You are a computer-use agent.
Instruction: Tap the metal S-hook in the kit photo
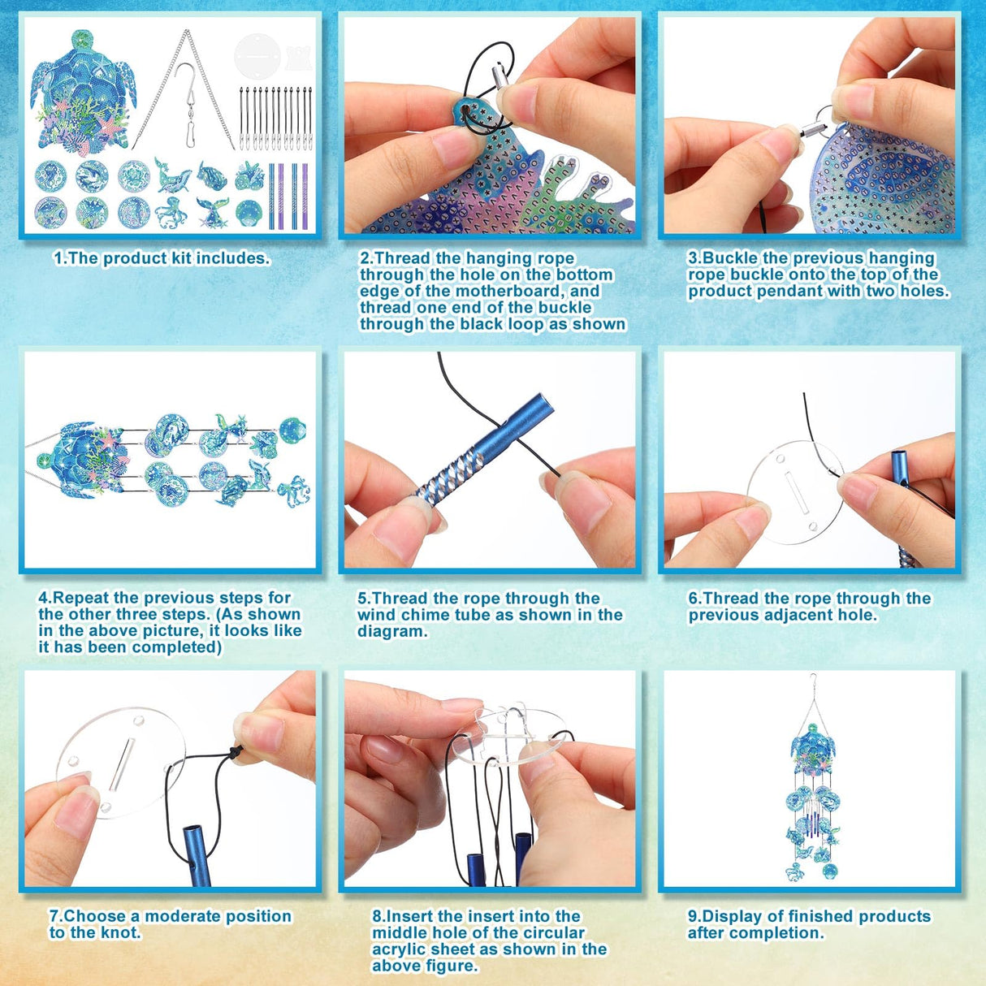coord(187,97)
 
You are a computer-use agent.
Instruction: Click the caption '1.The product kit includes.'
coord(162,258)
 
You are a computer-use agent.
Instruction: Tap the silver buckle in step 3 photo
coord(811,131)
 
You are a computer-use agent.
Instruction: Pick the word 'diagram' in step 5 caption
coord(391,631)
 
